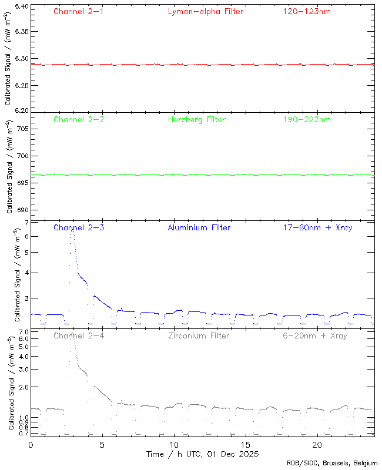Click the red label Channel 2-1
[x=79, y=11]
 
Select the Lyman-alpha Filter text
[x=205, y=11]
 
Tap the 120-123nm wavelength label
[x=307, y=11]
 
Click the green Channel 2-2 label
[x=79, y=119]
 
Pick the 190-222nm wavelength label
[x=307, y=119]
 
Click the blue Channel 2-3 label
[x=79, y=227]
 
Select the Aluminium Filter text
[x=199, y=227]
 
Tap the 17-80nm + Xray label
[x=315, y=227]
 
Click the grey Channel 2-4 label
[x=79, y=335]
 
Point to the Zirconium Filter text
[x=199, y=335]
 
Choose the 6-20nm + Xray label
[x=315, y=335]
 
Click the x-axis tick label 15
[x=246, y=445]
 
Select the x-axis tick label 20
[x=317, y=445]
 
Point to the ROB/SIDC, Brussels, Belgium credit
[x=332, y=464]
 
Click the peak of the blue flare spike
[x=72, y=231]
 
